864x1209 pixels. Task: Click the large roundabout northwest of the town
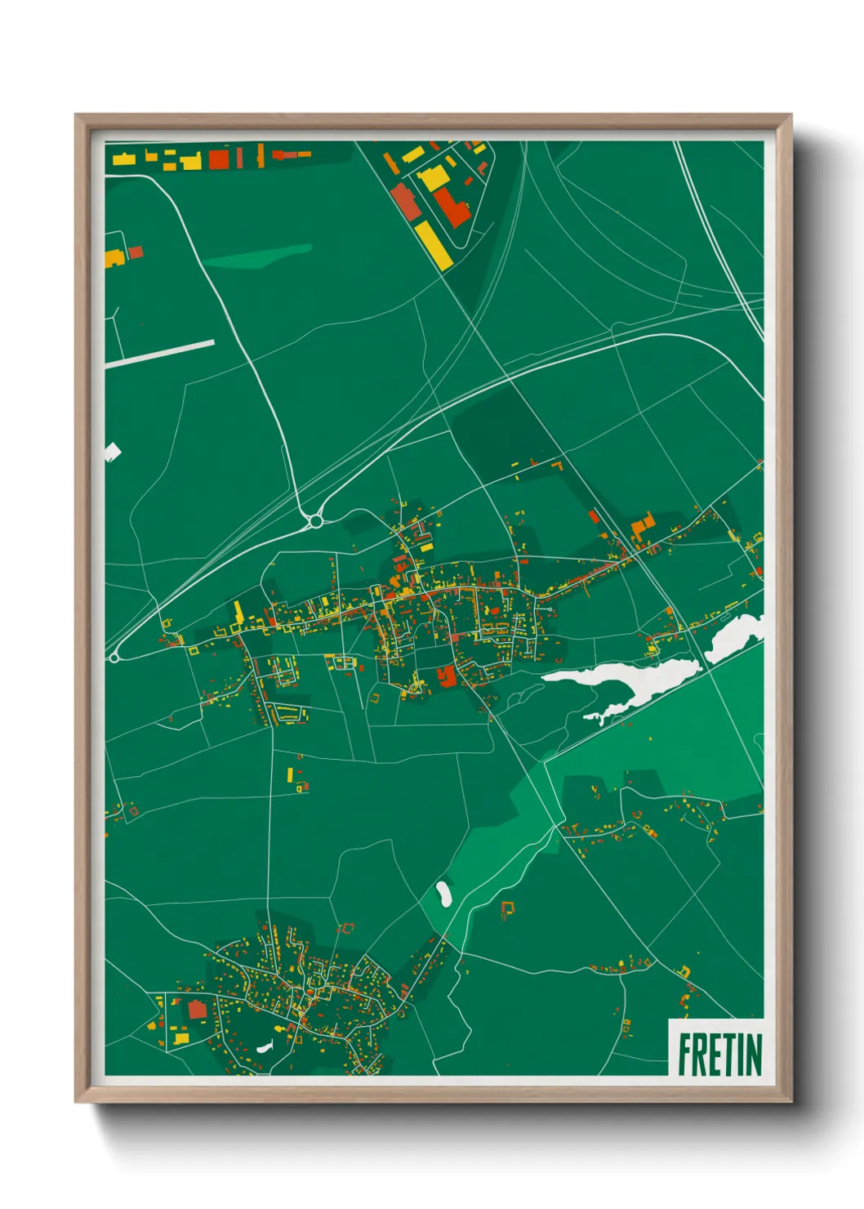(315, 520)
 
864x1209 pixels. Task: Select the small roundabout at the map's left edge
(114, 657)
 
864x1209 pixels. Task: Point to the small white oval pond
(443, 893)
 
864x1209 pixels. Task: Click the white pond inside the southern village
(264, 1045)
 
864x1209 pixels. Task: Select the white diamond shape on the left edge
(112, 451)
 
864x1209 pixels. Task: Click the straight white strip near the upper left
(160, 354)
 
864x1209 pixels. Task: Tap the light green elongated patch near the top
(258, 257)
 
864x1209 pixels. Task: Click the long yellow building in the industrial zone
(433, 244)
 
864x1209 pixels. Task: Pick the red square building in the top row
(218, 158)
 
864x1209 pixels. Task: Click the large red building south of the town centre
(446, 676)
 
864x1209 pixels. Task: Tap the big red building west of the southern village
(197, 1010)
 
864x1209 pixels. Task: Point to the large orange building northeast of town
(643, 526)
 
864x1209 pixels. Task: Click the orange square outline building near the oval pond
(508, 908)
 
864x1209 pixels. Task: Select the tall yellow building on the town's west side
(238, 614)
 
